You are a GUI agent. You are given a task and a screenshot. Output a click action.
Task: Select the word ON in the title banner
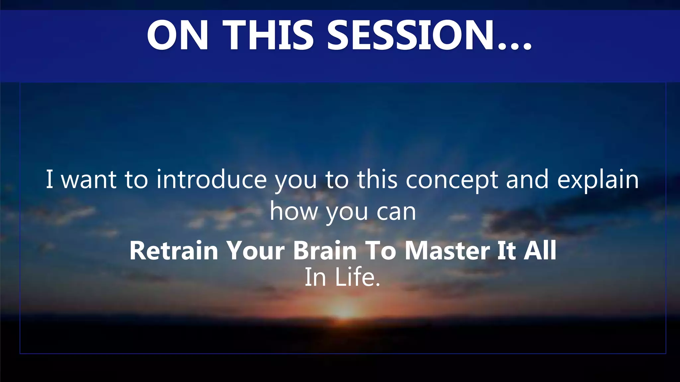click(178, 35)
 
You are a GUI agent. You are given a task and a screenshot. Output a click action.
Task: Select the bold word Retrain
click(174, 250)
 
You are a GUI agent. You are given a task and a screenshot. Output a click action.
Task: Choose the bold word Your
click(255, 250)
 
